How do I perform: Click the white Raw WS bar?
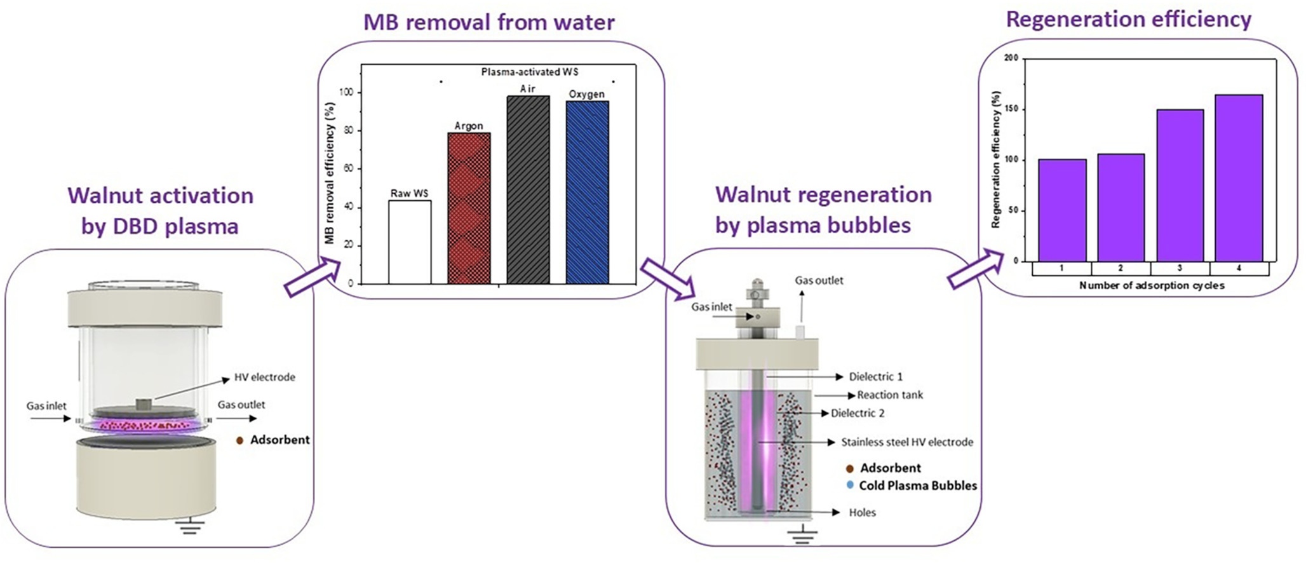click(x=410, y=242)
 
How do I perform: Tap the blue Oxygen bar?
click(x=587, y=192)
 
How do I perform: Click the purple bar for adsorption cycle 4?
click(x=1239, y=178)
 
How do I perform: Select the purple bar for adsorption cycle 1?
click(x=1061, y=210)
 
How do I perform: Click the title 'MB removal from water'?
click(x=488, y=23)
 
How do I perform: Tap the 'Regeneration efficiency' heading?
click(x=1129, y=20)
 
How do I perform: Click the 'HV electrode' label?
click(x=264, y=377)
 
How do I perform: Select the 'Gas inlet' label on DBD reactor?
click(x=46, y=405)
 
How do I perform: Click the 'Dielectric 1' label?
click(x=875, y=377)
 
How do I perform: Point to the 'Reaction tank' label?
click(x=890, y=395)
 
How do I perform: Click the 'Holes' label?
click(x=862, y=512)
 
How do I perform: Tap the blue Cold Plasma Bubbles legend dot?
click(x=850, y=485)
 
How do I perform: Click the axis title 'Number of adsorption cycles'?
click(x=1151, y=285)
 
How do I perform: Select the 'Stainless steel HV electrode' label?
click(x=906, y=442)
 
